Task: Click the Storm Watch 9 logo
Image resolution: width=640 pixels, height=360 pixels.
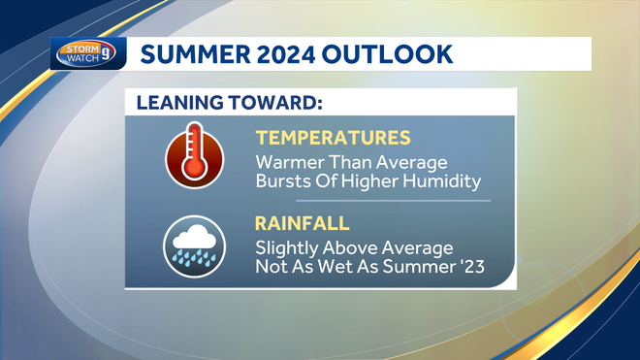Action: (x=87, y=53)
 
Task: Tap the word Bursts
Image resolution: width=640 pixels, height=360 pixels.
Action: (x=285, y=180)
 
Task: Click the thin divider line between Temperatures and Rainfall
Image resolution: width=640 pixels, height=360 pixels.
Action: (x=373, y=201)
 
